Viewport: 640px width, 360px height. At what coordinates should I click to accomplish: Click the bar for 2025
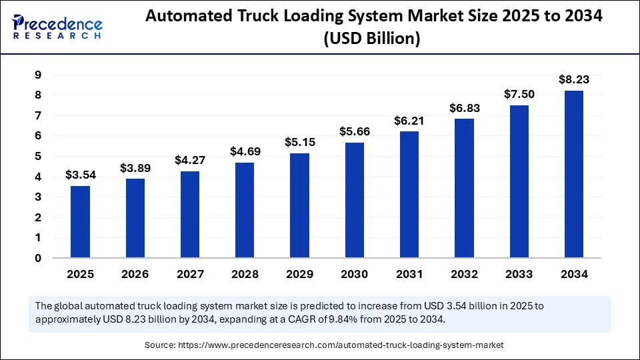point(81,221)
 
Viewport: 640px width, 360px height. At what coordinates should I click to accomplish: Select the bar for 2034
point(573,174)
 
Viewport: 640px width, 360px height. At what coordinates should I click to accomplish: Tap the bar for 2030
point(354,200)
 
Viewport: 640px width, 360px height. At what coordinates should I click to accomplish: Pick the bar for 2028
point(245,210)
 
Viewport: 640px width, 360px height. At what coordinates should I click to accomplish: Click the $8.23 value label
point(573,79)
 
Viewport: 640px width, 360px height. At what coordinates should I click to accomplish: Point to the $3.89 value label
point(135,168)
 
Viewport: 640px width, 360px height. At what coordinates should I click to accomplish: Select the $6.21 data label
point(409,121)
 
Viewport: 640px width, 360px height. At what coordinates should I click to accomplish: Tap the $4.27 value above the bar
point(190,160)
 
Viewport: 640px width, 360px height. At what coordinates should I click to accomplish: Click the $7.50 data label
point(519,94)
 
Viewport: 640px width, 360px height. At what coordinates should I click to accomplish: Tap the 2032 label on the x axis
point(464,274)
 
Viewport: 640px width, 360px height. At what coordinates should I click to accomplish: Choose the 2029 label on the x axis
point(299,274)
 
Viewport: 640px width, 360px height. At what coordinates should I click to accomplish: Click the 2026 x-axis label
point(135,274)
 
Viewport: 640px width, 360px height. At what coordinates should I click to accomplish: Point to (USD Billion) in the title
point(371,39)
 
